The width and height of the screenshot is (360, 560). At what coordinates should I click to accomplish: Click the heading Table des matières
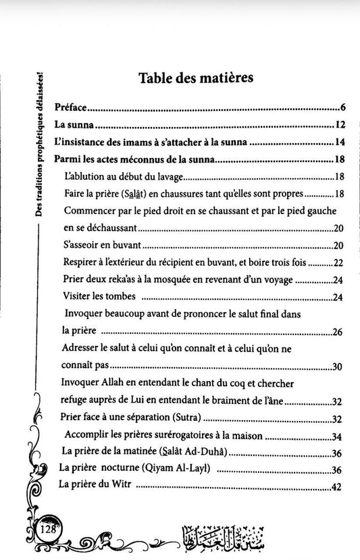click(196, 78)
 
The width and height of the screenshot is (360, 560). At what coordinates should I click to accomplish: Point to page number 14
click(340, 143)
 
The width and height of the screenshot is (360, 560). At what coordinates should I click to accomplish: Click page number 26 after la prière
click(339, 332)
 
